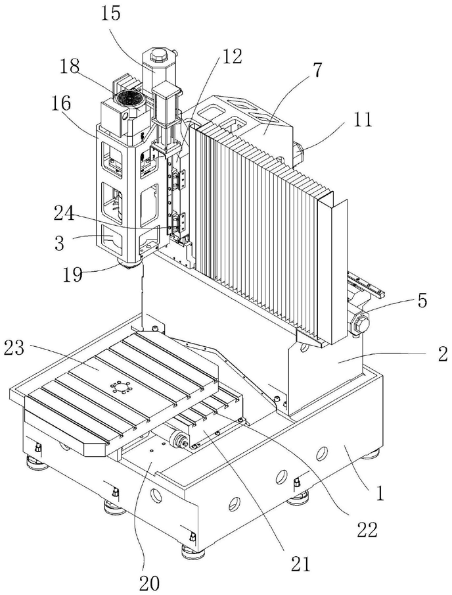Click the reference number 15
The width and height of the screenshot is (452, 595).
click(110, 14)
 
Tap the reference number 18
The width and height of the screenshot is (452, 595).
click(70, 66)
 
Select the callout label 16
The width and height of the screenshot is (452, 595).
click(61, 103)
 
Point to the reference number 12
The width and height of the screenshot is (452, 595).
click(231, 57)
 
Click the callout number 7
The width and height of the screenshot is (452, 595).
click(317, 70)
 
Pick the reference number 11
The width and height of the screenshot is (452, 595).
click(363, 118)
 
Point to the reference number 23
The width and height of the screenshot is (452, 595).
click(14, 348)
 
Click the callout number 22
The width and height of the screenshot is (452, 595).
click(367, 530)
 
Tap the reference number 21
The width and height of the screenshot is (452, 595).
click(300, 564)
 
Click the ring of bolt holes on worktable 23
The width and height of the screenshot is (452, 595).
click(120, 388)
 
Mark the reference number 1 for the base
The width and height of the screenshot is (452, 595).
click(380, 494)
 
